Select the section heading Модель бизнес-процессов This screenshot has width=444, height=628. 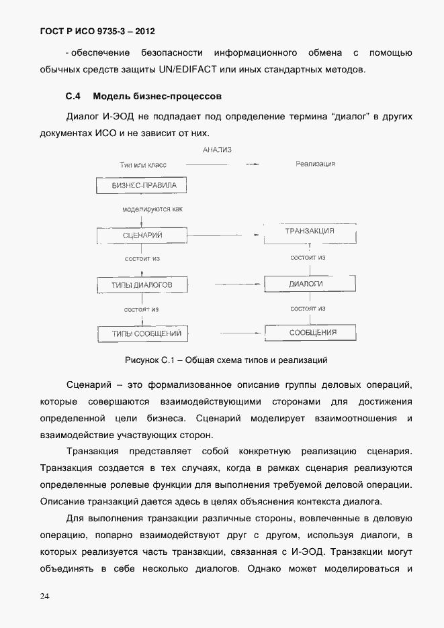(157, 97)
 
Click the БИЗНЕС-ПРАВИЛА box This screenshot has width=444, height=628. (141, 185)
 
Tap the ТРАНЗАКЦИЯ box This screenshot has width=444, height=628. (310, 231)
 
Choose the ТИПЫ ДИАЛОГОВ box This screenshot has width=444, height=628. (141, 285)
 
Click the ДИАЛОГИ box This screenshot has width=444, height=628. (306, 284)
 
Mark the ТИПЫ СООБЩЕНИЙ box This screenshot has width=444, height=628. (141, 333)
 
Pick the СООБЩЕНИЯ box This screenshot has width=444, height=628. (312, 332)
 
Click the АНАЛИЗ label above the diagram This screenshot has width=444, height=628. (216, 150)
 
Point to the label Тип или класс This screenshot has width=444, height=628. (142, 164)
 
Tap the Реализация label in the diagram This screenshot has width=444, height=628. (315, 164)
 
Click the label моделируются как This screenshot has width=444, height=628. (152, 209)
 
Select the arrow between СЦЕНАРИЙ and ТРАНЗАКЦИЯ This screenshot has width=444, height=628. (257, 235)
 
